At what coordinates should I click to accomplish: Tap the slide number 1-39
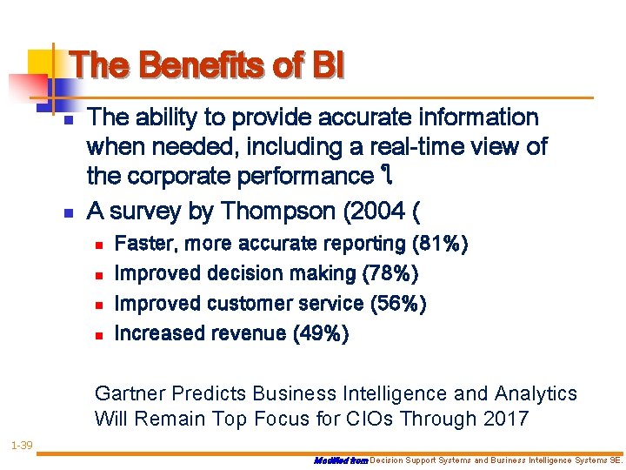22,446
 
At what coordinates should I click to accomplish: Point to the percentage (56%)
398,303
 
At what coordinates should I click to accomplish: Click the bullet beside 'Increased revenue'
98,333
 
